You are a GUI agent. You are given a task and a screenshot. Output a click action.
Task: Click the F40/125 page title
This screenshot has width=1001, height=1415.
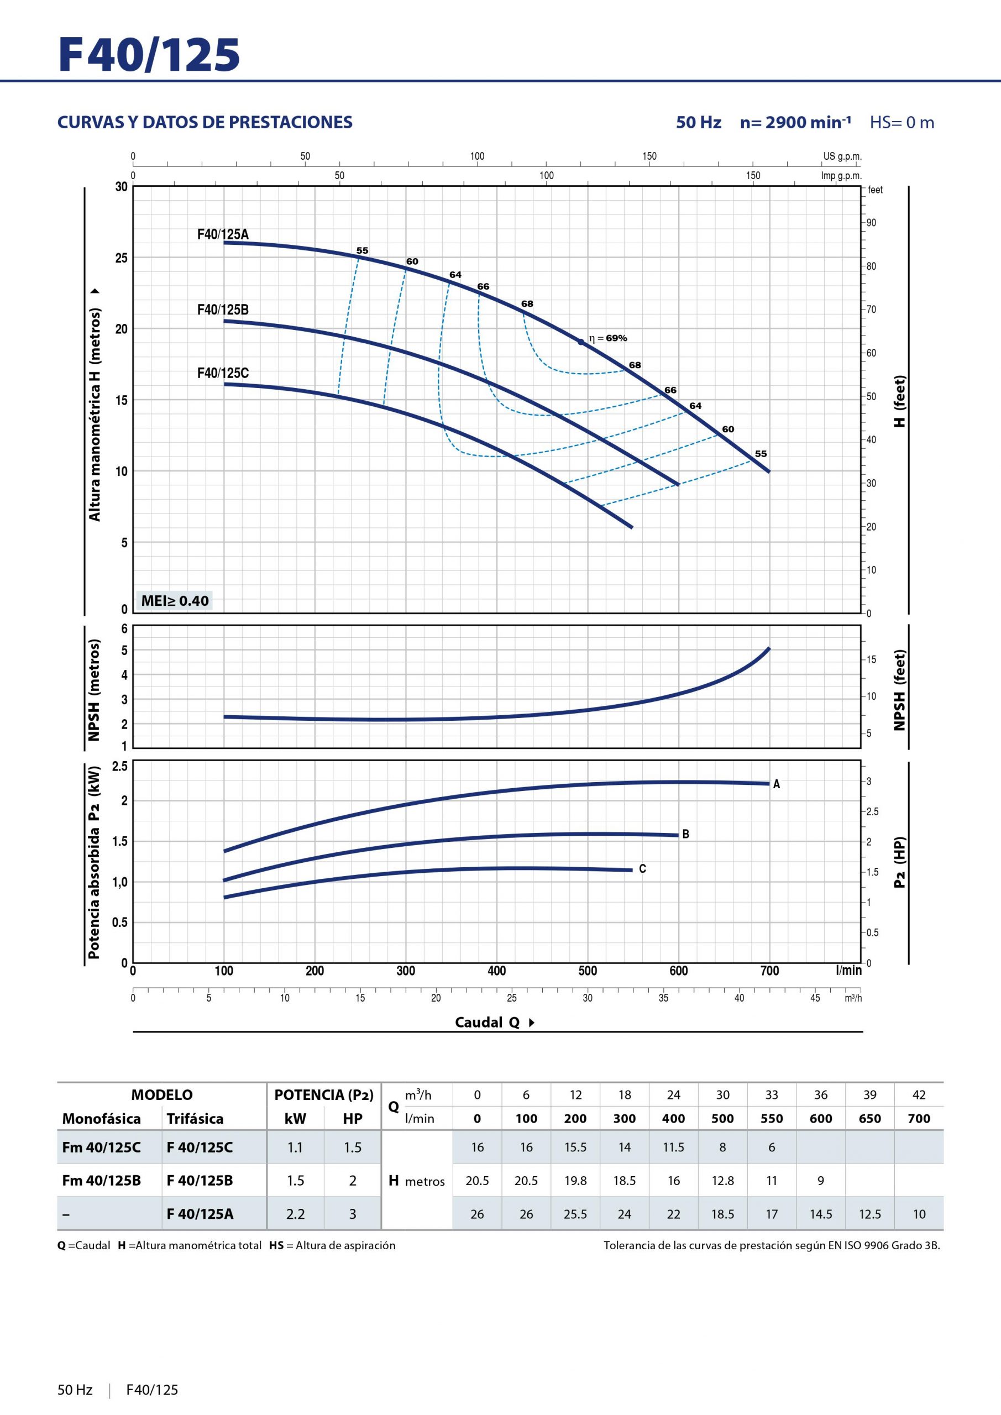149,55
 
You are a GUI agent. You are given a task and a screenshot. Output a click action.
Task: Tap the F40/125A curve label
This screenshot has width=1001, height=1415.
223,234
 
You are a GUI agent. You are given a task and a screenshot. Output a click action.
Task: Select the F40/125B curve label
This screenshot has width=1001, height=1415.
223,310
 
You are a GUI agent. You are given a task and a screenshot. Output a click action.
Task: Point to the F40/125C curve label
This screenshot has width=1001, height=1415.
223,373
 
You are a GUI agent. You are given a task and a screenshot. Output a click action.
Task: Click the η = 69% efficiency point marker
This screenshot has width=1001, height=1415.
580,342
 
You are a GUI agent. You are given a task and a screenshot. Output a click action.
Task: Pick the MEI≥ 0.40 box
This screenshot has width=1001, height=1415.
175,600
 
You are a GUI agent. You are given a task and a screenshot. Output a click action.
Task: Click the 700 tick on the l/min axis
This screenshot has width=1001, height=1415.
769,971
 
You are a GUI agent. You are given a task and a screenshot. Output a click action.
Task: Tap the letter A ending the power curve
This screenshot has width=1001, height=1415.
777,784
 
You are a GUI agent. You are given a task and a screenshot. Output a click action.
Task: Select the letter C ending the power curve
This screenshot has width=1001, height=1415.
642,869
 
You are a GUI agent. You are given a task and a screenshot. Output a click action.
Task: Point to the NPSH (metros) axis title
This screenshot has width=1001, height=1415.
94,690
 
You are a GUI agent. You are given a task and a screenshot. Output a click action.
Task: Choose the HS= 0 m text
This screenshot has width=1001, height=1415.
902,123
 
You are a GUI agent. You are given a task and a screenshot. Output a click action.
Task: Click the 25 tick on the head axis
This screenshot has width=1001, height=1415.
121,258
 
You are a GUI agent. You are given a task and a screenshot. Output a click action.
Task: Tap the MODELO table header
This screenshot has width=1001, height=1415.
161,1094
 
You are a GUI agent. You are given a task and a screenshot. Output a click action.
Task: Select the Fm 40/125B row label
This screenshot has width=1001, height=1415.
101,1181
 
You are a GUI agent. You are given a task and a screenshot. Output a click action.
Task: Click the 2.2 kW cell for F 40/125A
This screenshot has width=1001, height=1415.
295,1214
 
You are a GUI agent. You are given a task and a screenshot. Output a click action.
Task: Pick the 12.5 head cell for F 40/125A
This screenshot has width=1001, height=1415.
869,1214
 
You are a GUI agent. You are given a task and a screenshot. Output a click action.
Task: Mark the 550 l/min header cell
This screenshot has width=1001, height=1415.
772,1119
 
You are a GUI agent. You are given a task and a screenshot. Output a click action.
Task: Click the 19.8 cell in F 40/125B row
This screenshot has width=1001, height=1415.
575,1181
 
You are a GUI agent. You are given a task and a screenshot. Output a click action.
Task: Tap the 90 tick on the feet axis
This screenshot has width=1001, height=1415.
871,223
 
